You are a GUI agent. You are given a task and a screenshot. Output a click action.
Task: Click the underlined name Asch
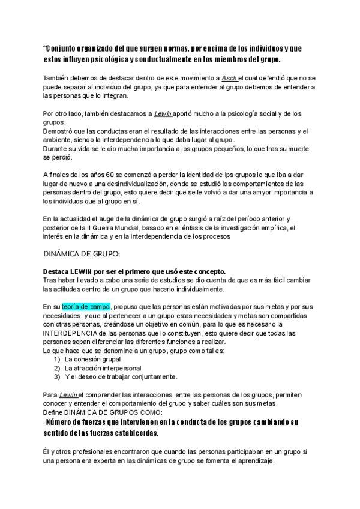[x=229, y=77]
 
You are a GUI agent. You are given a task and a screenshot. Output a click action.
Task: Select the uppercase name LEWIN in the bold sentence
[x=86, y=272]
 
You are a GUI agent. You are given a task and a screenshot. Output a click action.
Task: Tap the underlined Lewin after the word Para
[x=68, y=394]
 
